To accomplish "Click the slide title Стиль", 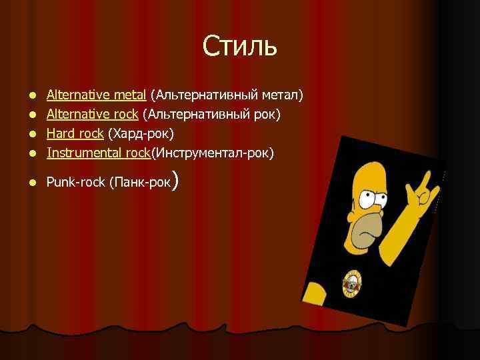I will pyautogui.click(x=239, y=46).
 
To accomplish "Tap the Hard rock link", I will pyautogui.click(x=75, y=133).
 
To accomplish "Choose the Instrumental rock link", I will pyautogui.click(x=99, y=153).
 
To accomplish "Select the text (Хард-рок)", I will pyautogui.click(x=140, y=133).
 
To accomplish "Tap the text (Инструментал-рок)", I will pyautogui.click(x=213, y=153).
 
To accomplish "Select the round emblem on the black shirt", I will pyautogui.click(x=353, y=284).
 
